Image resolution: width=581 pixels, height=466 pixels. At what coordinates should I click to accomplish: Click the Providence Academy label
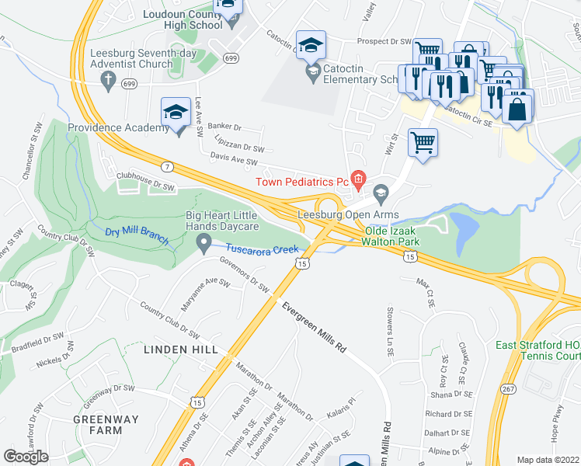[x=118, y=127]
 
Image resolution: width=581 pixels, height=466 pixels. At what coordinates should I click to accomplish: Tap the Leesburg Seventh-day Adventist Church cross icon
[x=108, y=79]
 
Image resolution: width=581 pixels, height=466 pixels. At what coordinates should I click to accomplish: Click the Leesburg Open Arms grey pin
[x=381, y=192]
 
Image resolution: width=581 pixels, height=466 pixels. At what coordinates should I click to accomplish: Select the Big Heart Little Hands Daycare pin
[x=204, y=245]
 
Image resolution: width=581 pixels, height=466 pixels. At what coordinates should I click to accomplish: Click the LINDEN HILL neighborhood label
[x=181, y=350]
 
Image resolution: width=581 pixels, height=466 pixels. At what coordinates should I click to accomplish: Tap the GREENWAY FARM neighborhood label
[x=99, y=424]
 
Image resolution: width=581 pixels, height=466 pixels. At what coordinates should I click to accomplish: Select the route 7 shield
[x=169, y=166]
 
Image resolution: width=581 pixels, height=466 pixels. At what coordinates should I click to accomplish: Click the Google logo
[x=26, y=456]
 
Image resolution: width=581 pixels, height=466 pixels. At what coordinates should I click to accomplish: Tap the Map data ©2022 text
[x=548, y=460]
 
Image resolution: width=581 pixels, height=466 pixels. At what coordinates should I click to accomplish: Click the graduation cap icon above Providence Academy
[x=176, y=113]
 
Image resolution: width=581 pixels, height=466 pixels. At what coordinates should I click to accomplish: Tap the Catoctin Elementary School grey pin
[x=313, y=75]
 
